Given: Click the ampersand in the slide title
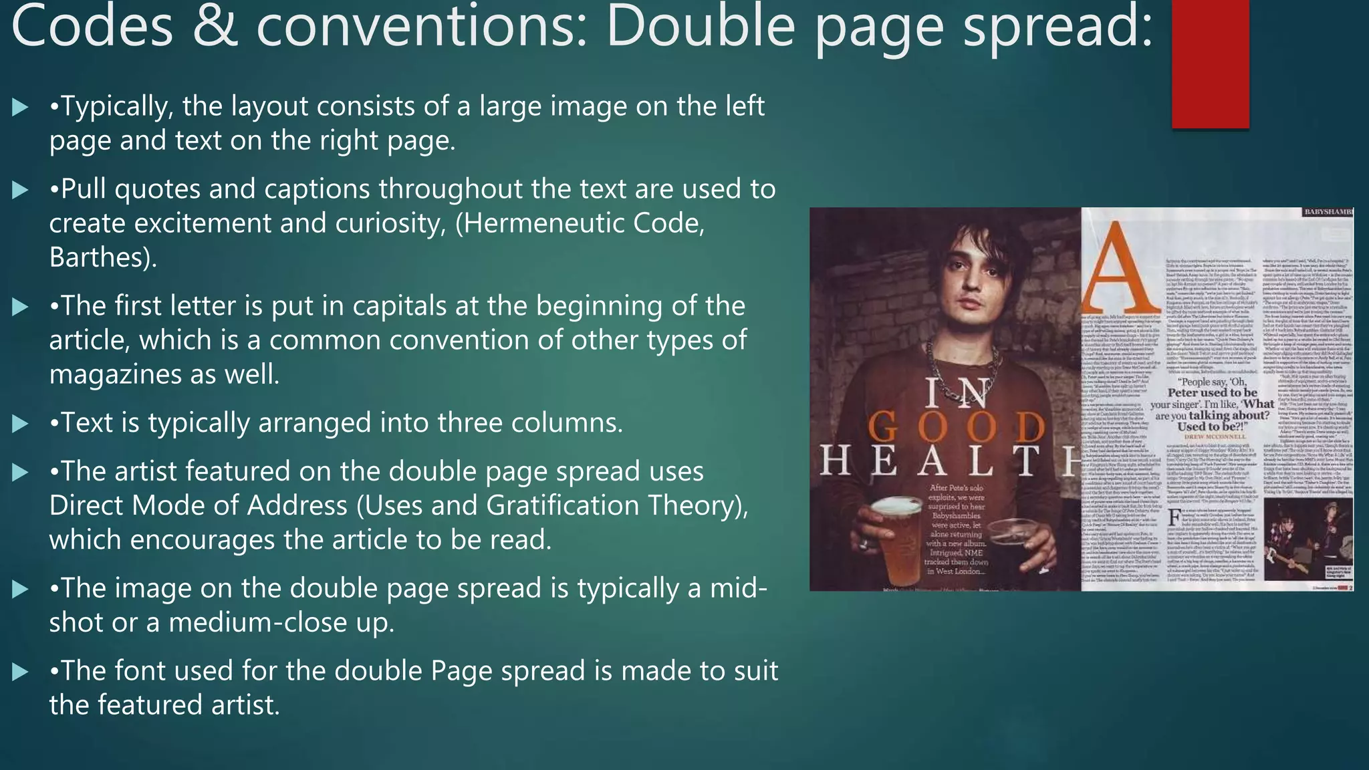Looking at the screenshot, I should pyautogui.click(x=215, y=27).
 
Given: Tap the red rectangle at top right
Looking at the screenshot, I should pyautogui.click(x=1210, y=63).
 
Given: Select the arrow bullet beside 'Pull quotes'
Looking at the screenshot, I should pyautogui.click(x=21, y=190).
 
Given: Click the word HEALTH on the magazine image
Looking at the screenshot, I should pyautogui.click(x=949, y=461).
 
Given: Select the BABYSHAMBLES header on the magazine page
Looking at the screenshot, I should pyautogui.click(x=1328, y=212).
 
